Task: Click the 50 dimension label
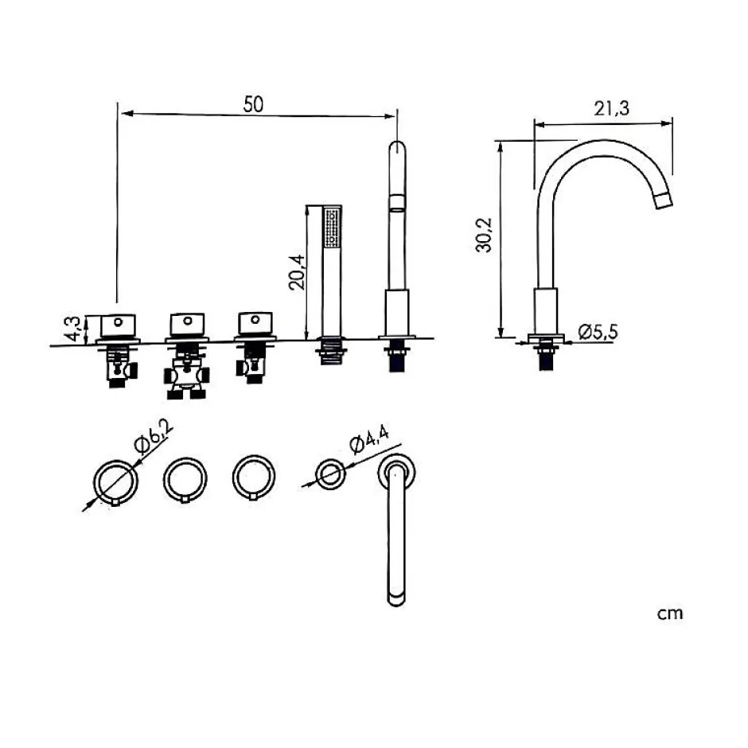coord(253,104)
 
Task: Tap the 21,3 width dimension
coord(611,108)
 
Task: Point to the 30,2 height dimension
coord(484,235)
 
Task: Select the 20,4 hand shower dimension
coord(297,272)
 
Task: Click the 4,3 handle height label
coord(72,329)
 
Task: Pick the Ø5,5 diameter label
coord(598,332)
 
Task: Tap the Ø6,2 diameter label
coord(153,437)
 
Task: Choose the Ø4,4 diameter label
coord(368,439)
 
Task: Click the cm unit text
coord(670,613)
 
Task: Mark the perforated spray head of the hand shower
coord(333,227)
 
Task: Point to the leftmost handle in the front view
coord(119,326)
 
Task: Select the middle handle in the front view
coord(188,325)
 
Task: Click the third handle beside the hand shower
coord(255,323)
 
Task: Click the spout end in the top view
coord(396,599)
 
